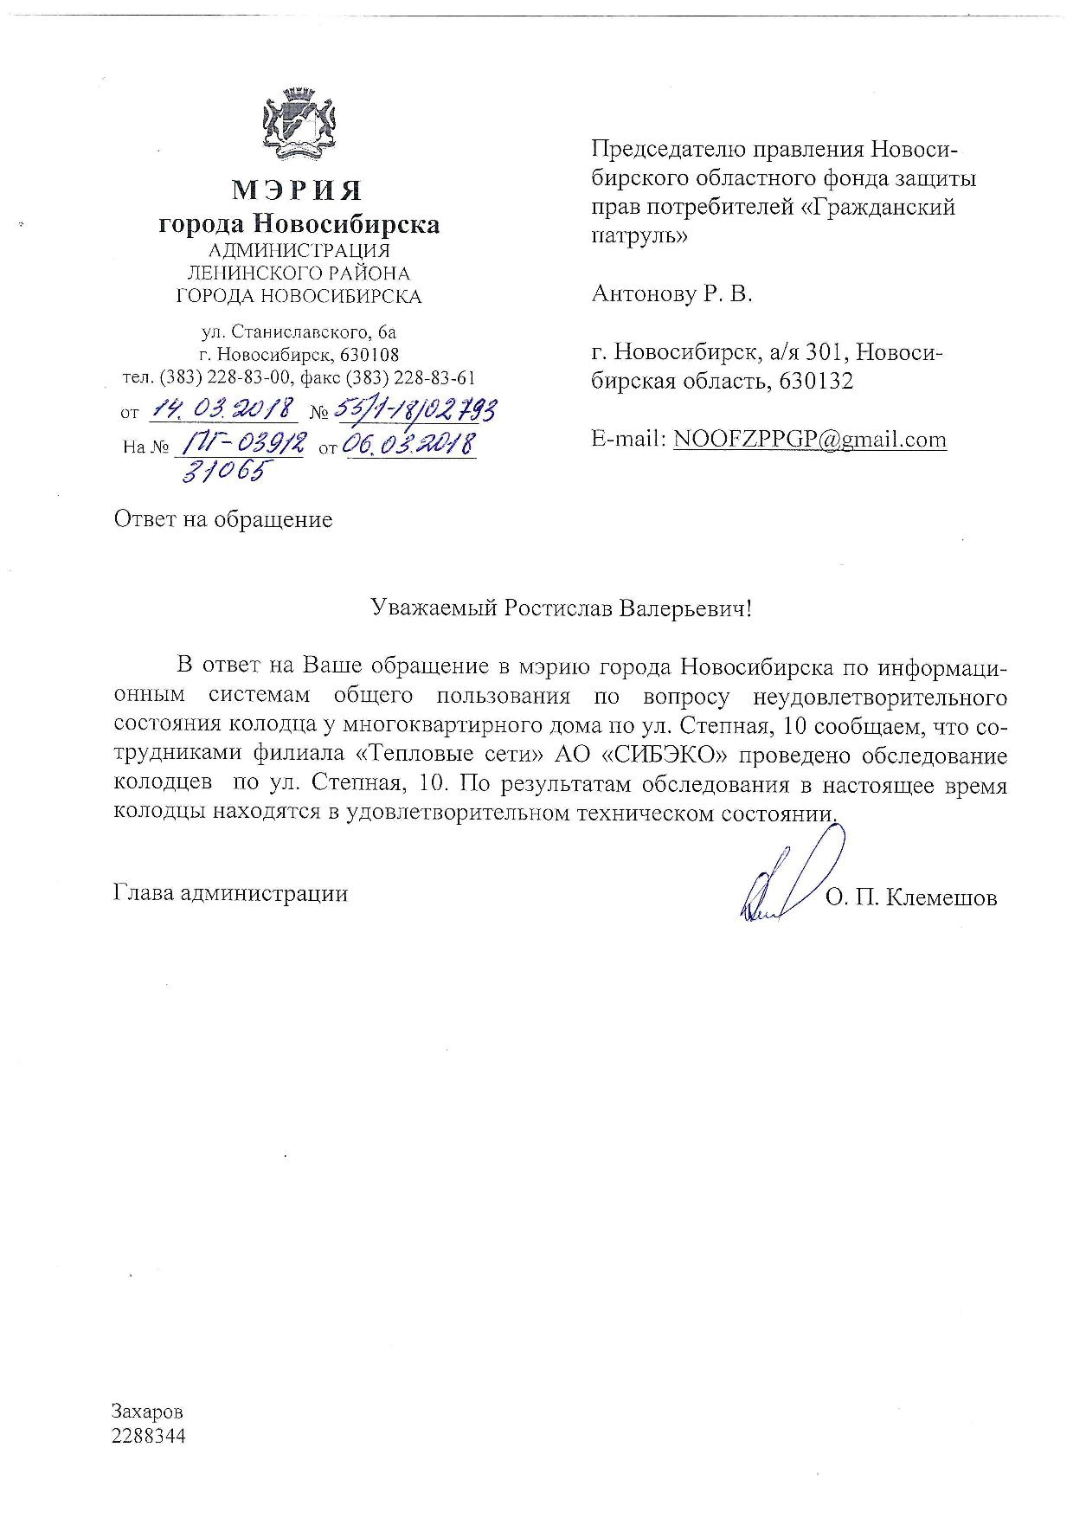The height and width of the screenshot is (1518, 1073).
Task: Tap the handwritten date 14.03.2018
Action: point(225,408)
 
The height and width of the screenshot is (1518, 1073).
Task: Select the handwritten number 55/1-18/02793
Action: point(412,408)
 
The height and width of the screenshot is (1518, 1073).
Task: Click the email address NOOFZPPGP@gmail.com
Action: point(809,440)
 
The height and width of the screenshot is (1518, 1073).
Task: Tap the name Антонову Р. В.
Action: point(671,294)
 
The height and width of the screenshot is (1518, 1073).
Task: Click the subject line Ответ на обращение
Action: point(222,519)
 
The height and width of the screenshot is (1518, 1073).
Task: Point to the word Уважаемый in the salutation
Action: point(432,608)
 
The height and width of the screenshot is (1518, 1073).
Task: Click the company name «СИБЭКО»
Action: point(670,756)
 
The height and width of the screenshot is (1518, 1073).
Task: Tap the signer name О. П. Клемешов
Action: point(911,898)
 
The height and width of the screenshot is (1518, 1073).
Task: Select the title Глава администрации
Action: point(230,893)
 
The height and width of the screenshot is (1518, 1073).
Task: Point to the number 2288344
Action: point(149,1436)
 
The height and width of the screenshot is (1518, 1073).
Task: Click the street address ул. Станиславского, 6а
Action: point(299,331)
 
